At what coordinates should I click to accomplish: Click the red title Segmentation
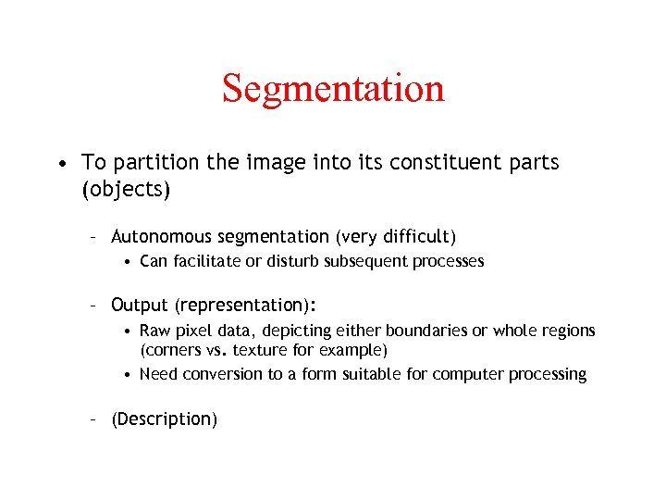pos(333,89)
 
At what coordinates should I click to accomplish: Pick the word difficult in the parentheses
pos(414,237)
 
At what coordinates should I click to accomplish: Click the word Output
pos(139,306)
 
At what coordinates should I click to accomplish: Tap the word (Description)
pos(164,419)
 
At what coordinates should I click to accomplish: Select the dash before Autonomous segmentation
pos(94,238)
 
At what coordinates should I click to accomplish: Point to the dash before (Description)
pos(94,419)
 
